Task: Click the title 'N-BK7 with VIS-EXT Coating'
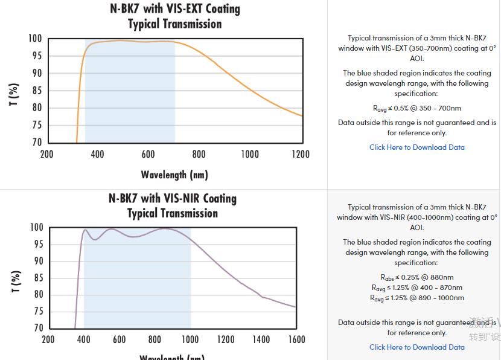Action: (174, 9)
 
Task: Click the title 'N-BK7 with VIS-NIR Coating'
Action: (173, 199)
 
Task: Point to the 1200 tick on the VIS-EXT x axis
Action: (301, 154)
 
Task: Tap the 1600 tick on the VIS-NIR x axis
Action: (296, 339)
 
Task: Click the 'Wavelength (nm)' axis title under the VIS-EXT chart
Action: (174, 175)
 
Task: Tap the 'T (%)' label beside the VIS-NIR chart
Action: (16, 281)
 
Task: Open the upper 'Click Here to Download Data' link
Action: (417, 147)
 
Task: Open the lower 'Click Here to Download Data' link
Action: (417, 347)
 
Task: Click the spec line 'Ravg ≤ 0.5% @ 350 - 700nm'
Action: (417, 108)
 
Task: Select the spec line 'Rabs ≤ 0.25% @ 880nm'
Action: (417, 278)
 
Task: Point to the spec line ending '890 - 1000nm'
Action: (417, 298)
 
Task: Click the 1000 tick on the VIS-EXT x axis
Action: (250, 154)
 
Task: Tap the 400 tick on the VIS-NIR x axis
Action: (84, 339)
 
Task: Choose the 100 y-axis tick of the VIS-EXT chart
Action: (34, 39)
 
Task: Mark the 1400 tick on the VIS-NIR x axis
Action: (261, 339)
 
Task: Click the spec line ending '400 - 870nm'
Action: (417, 288)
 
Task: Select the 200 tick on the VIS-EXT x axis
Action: (46, 154)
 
